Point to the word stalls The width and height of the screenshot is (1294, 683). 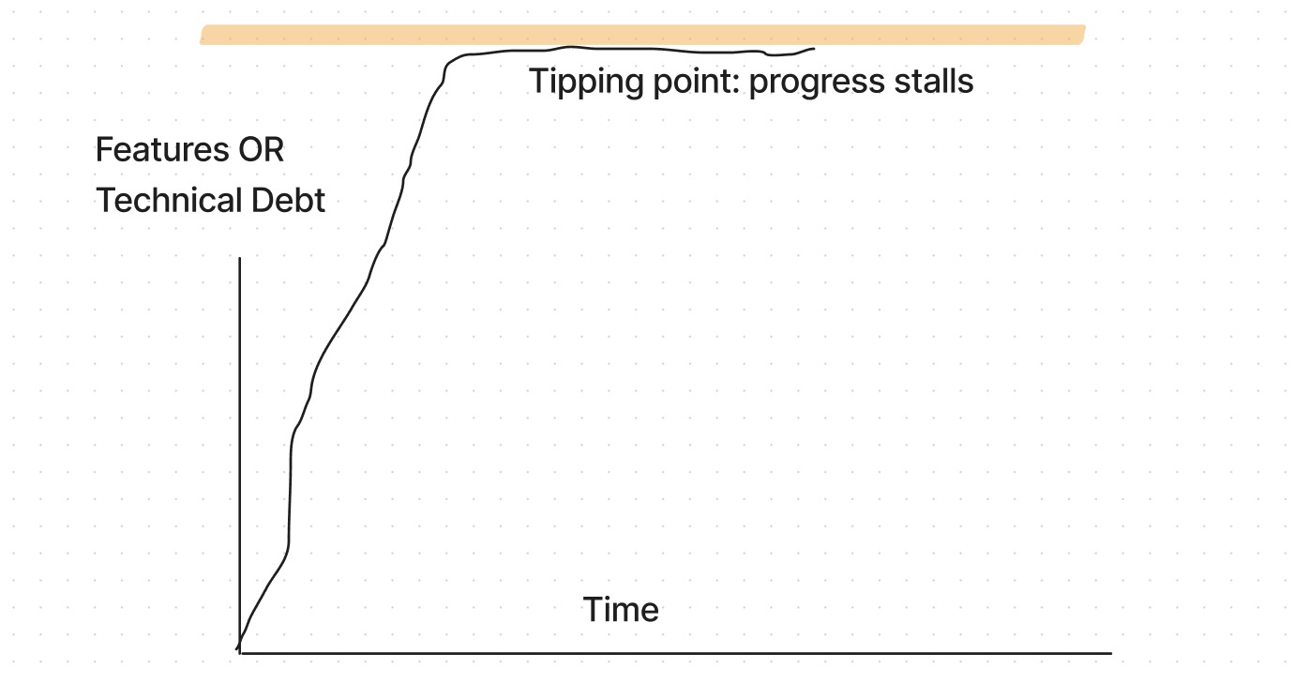click(x=930, y=81)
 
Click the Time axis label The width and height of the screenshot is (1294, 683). click(x=621, y=610)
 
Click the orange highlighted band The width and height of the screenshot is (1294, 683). click(x=642, y=35)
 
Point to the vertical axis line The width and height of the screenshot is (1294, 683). click(x=241, y=450)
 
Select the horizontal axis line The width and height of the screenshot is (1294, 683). click(x=675, y=652)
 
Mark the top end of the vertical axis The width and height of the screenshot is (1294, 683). click(x=241, y=258)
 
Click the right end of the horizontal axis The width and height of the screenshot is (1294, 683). click(x=1110, y=653)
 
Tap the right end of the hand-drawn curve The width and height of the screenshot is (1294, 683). click(x=813, y=49)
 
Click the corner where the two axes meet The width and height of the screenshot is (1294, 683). click(x=241, y=652)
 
